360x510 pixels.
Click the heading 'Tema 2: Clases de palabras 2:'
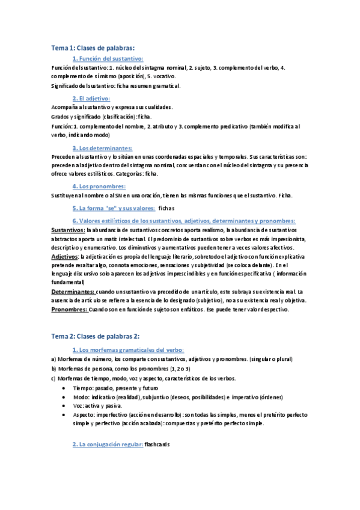(97, 336)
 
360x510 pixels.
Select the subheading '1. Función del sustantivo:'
(108, 58)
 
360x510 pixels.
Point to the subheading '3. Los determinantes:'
(102, 147)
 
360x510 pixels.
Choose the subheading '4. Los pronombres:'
(99, 186)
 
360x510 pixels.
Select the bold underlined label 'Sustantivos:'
(68, 230)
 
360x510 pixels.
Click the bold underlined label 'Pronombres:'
(69, 310)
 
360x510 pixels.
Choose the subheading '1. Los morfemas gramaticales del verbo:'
(127, 349)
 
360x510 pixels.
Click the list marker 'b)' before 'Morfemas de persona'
(53, 369)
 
